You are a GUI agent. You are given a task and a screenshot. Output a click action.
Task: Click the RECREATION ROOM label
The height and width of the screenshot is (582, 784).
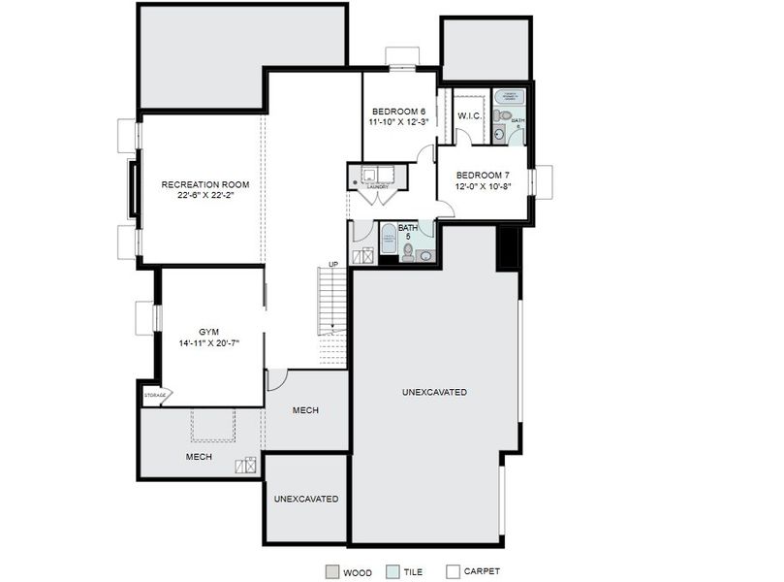click(205, 184)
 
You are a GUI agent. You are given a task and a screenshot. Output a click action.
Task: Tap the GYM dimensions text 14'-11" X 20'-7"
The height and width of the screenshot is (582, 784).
click(208, 343)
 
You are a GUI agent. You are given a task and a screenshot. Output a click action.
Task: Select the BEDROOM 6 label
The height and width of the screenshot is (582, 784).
click(399, 112)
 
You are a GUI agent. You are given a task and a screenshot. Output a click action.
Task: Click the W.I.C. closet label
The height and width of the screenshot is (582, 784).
click(469, 115)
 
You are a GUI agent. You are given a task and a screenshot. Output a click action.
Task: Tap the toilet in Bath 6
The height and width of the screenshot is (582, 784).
click(499, 116)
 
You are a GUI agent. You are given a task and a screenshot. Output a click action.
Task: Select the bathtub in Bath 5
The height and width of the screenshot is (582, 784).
click(388, 237)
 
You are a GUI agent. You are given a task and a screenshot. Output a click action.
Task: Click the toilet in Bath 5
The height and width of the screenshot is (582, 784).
click(408, 253)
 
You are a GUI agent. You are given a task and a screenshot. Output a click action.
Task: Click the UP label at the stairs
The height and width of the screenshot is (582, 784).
click(333, 264)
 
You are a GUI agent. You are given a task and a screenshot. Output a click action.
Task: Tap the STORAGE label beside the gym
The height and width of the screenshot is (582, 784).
click(154, 395)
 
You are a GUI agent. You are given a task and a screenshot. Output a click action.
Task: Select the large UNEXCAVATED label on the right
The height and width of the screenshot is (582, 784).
click(434, 392)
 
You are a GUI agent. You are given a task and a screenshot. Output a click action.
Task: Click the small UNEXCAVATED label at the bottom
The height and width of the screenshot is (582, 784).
click(306, 499)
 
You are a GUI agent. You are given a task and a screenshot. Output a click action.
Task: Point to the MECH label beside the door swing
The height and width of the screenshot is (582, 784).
click(305, 410)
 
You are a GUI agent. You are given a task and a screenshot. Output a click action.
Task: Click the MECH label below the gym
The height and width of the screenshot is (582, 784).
click(200, 456)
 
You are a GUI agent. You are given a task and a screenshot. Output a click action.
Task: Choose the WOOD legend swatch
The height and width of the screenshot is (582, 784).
click(331, 571)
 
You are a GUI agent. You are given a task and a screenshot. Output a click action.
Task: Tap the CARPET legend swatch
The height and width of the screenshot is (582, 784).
click(453, 571)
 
